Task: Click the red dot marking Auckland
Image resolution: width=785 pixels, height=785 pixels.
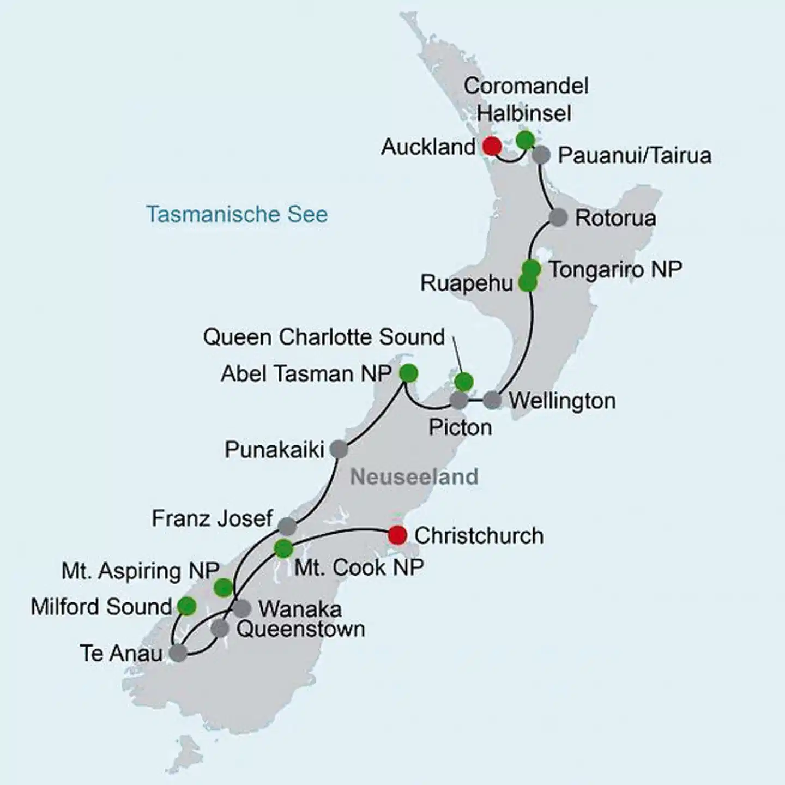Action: pyautogui.click(x=492, y=146)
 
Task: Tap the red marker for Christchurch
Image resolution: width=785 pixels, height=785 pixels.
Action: pyautogui.click(x=397, y=535)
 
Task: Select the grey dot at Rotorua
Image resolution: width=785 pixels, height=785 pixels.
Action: pyautogui.click(x=558, y=218)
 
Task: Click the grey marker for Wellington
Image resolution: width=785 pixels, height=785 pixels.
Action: pyautogui.click(x=492, y=400)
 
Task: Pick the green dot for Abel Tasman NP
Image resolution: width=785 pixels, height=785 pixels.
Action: pyautogui.click(x=409, y=373)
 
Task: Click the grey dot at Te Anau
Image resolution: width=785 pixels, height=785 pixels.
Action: pyautogui.click(x=178, y=653)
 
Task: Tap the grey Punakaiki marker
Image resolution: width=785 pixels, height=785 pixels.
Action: pyautogui.click(x=339, y=450)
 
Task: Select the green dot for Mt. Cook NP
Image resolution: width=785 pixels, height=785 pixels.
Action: pyautogui.click(x=283, y=548)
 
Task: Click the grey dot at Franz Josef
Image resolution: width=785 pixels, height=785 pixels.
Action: pyautogui.click(x=287, y=526)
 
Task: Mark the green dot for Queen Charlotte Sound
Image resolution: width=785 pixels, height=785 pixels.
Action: pyautogui.click(x=464, y=382)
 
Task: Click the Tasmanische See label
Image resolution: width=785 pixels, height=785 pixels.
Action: pyautogui.click(x=237, y=214)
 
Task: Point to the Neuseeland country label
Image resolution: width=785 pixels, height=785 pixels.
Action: pyautogui.click(x=414, y=477)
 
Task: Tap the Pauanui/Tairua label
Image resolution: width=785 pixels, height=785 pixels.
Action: pyautogui.click(x=635, y=156)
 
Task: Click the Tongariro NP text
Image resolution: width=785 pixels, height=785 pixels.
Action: pyautogui.click(x=615, y=270)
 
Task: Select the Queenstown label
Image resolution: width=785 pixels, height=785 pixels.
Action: pyautogui.click(x=301, y=630)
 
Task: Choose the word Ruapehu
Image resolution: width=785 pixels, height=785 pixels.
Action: pyautogui.click(x=467, y=283)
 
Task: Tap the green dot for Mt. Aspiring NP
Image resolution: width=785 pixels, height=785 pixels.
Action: pyautogui.click(x=223, y=588)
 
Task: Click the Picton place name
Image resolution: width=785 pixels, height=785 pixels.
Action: pyautogui.click(x=460, y=427)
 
